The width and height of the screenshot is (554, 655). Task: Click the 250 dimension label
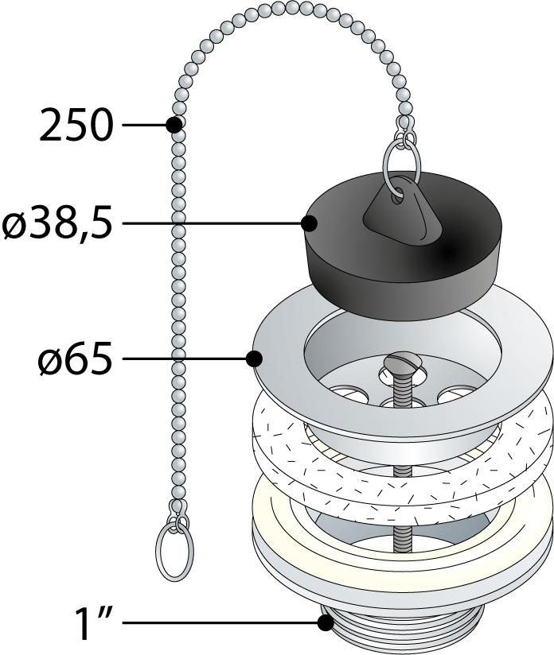click(76, 125)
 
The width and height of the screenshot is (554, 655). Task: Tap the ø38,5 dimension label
click(57, 223)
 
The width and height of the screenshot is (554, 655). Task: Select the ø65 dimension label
click(76, 359)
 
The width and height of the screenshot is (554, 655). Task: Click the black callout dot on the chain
click(174, 125)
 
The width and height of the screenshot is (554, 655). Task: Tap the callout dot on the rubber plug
click(309, 223)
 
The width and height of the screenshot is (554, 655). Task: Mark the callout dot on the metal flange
click(254, 359)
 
